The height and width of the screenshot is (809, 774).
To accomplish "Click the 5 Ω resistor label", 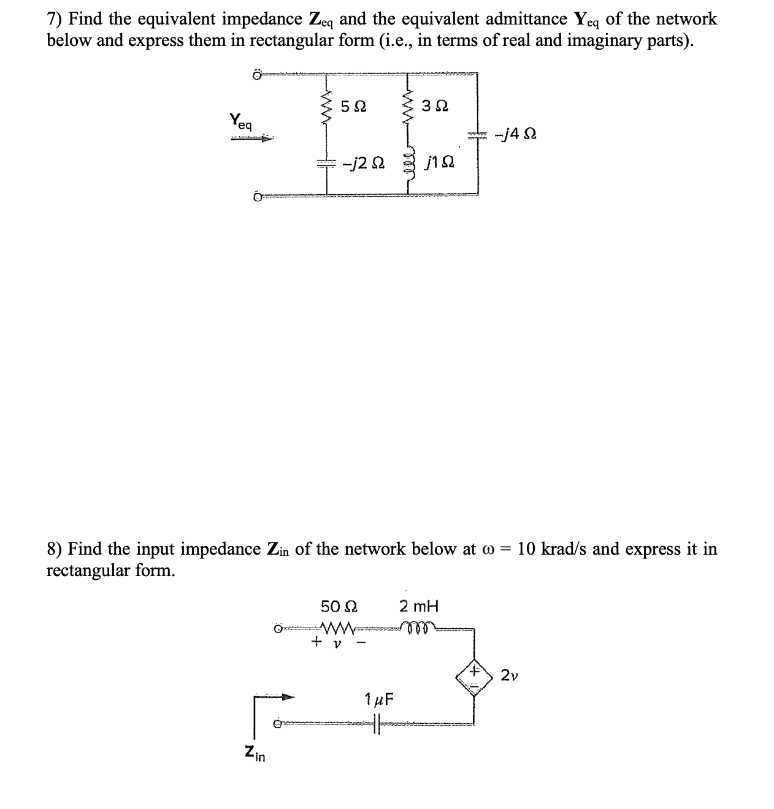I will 353,106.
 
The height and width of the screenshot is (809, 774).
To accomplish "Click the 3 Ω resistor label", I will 436,106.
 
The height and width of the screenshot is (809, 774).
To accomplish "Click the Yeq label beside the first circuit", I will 241,120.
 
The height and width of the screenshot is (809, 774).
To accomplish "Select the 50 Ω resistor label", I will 339,607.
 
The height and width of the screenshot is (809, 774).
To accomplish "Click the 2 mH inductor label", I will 419,607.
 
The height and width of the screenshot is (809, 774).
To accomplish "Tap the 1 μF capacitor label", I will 380,698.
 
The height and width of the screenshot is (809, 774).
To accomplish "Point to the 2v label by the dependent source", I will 509,675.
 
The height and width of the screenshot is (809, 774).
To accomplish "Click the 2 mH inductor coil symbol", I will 419,627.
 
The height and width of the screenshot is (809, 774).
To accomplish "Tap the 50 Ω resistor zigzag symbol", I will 337,628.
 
